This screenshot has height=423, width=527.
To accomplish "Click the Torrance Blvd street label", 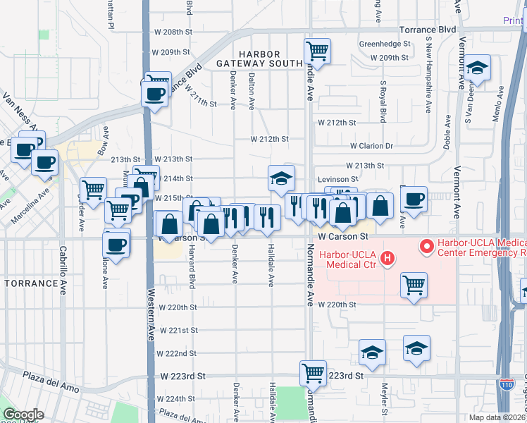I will point(428,31).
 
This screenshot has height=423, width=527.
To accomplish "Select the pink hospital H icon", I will point(387,260).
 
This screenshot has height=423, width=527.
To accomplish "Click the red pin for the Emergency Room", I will point(426,246).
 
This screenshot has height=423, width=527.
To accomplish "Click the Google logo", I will point(23,415).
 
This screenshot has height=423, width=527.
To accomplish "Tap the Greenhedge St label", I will point(385,43).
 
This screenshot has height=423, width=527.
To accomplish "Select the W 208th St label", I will point(173,32).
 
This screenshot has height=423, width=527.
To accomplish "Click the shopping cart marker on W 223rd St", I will point(312,372).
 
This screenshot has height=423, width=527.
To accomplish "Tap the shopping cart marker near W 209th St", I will point(317,50).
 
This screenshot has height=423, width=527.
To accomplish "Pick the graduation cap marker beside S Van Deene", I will point(478,69).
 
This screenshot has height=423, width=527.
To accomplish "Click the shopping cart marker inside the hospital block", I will point(414,285).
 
